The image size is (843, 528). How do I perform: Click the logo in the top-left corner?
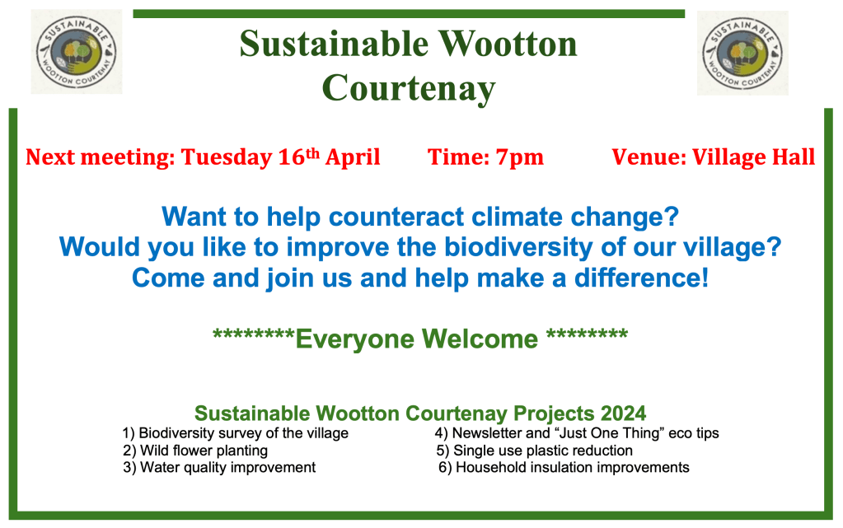tap(77, 52)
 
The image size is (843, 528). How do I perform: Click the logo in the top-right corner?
tap(742, 53)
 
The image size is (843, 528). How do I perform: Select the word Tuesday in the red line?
tap(227, 157)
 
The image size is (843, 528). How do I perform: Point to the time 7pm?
tap(519, 157)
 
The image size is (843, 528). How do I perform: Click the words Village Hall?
tap(753, 157)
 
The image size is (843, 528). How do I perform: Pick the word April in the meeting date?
tap(353, 157)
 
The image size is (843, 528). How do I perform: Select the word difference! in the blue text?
tap(641, 278)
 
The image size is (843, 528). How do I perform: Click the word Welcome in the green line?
tap(480, 339)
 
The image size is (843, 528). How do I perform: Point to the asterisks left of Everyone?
tap(254, 334)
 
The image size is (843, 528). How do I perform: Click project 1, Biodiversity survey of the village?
tap(236, 432)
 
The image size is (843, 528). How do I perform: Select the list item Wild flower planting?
tap(195, 451)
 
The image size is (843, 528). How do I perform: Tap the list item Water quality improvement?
tap(219, 467)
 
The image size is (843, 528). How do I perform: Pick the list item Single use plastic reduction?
tap(535, 451)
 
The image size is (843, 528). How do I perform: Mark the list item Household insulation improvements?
tap(564, 467)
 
